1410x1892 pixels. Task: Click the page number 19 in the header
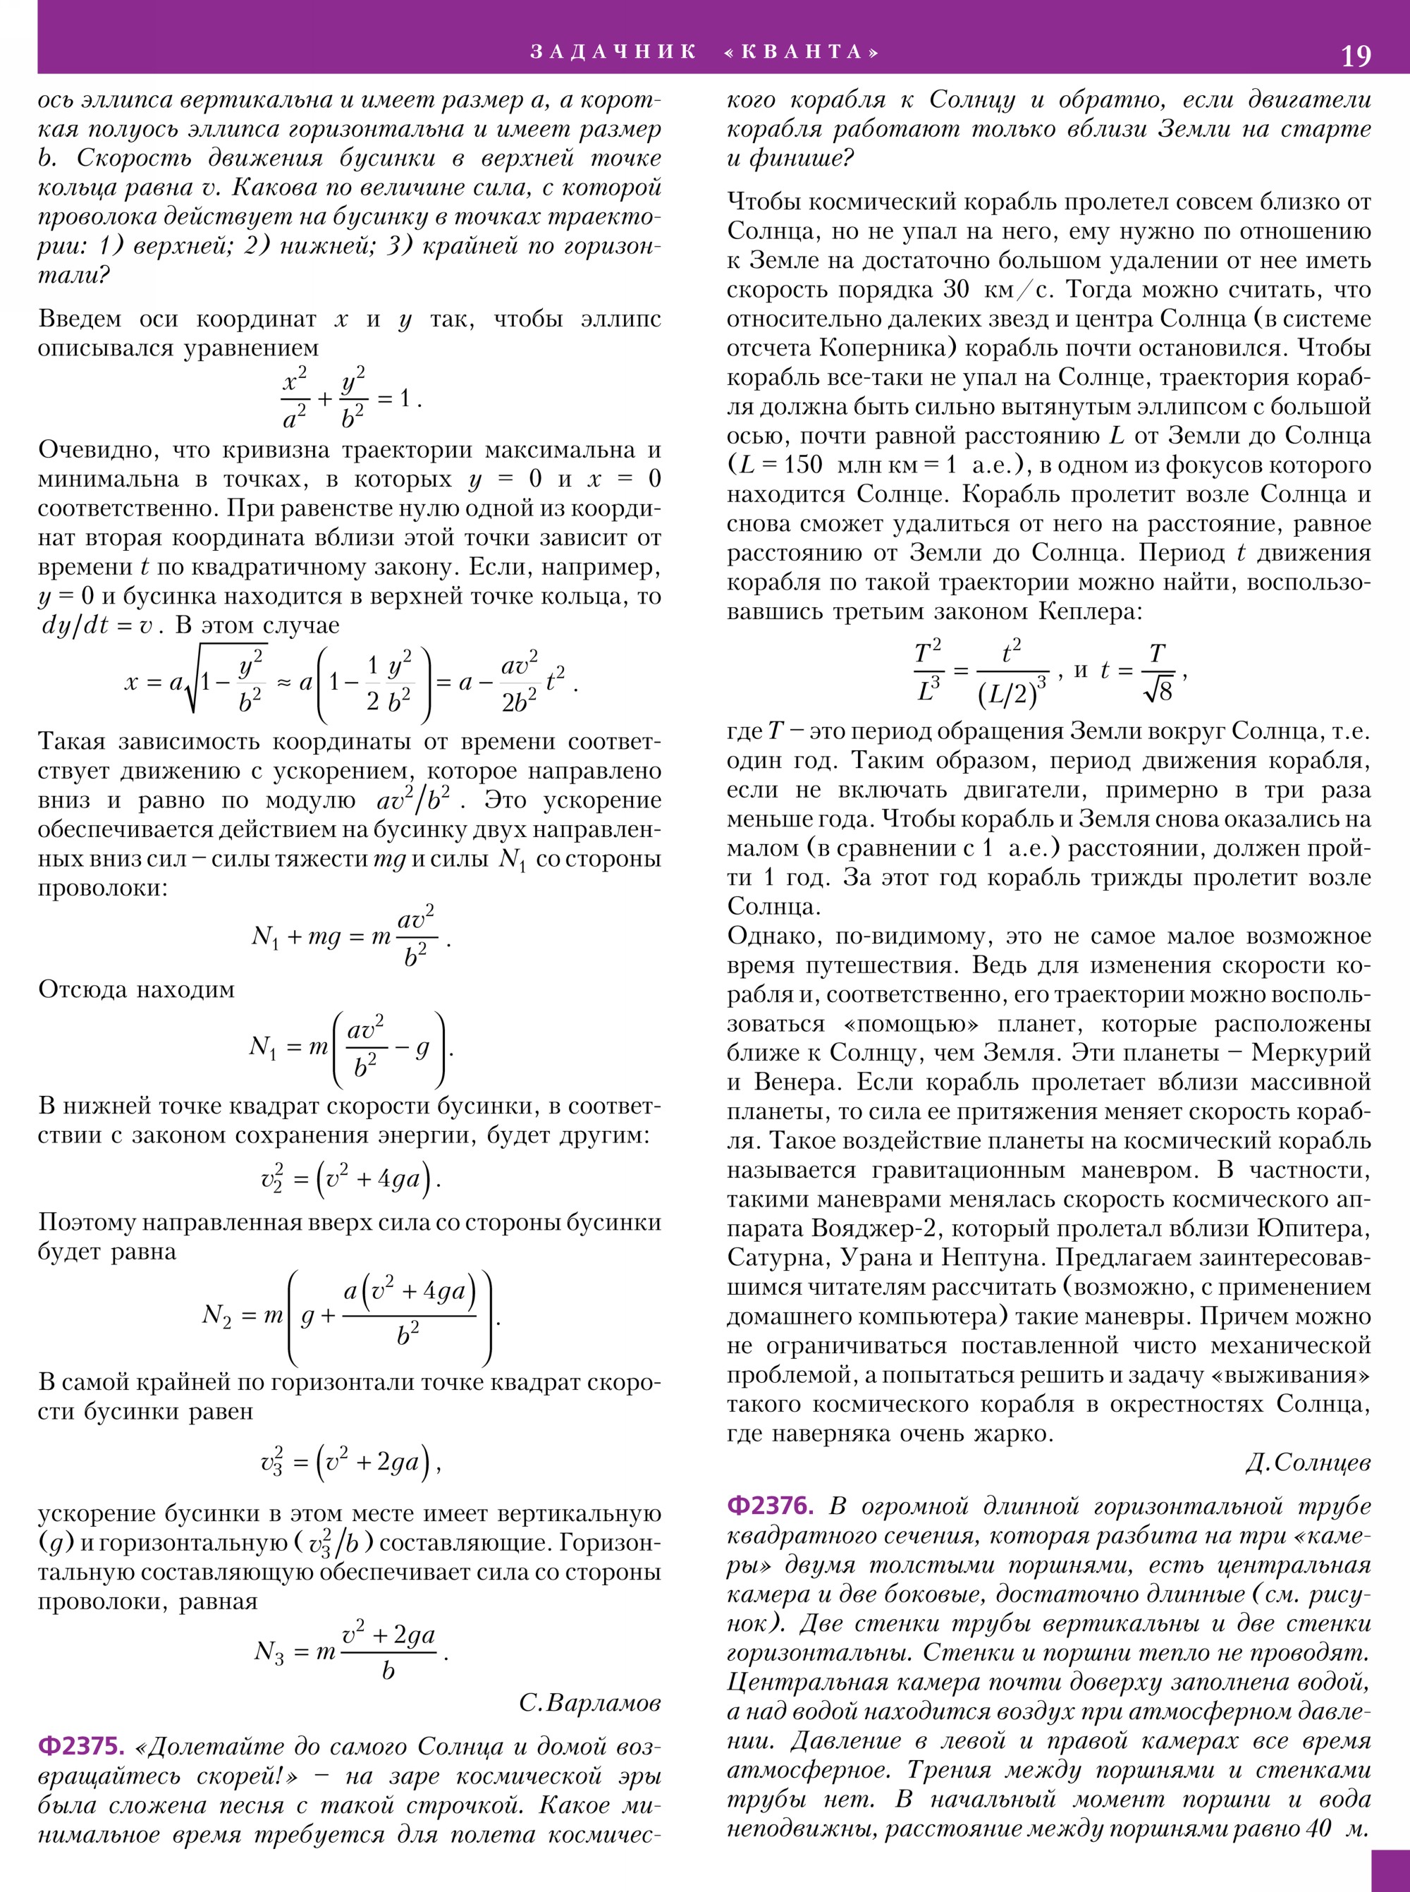[x=1356, y=56]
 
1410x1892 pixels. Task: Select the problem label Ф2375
[x=81, y=1747]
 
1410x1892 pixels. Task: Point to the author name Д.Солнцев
[x=1308, y=1463]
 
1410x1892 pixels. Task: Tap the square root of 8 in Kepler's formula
[x=1158, y=690]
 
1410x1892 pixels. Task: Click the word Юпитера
[x=1313, y=1228]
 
